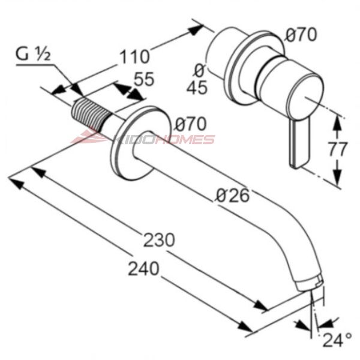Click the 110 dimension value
[x=135, y=56]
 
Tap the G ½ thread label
[x=33, y=55]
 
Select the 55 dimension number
[x=144, y=79]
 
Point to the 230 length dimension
[x=159, y=240]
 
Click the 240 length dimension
[x=143, y=268]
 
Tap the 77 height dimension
[x=337, y=149]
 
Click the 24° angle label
[x=337, y=340]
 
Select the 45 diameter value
[x=197, y=87]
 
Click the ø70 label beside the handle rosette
[x=301, y=35]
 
